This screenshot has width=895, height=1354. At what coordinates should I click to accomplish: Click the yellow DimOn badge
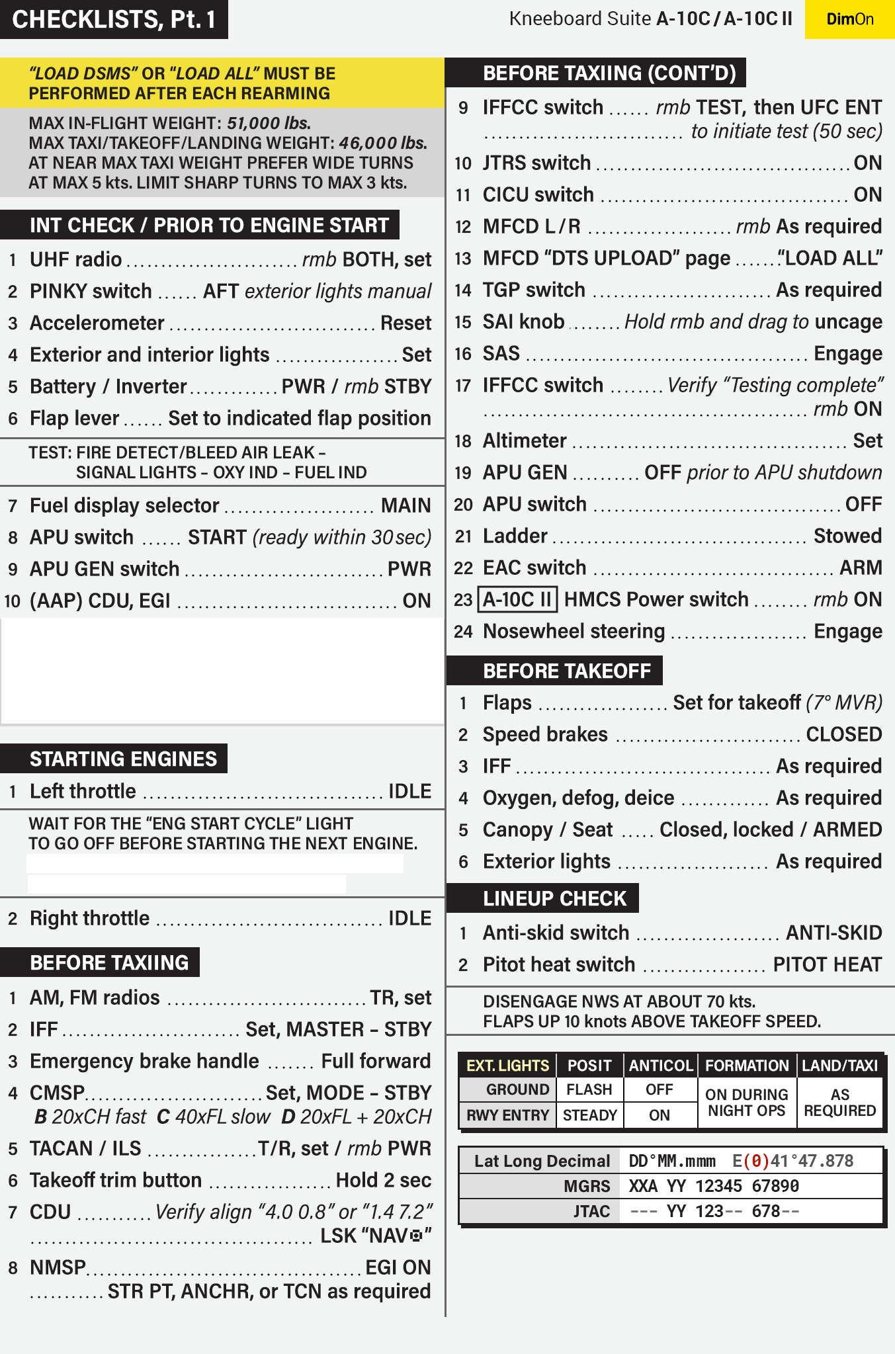(x=850, y=19)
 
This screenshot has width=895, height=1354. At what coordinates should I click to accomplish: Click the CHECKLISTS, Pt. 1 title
(x=114, y=19)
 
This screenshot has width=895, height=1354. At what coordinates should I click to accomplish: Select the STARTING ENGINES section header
(x=123, y=759)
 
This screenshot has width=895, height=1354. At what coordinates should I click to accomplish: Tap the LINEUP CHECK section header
(x=554, y=898)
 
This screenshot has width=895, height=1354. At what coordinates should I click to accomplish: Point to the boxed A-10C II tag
(x=517, y=599)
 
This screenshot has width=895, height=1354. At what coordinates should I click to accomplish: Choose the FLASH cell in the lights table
(x=589, y=1089)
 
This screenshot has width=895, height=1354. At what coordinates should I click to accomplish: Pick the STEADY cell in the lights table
(x=589, y=1115)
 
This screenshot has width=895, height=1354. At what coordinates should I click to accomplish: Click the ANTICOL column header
(x=660, y=1066)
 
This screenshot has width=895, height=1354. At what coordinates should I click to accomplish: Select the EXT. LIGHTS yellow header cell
(x=507, y=1066)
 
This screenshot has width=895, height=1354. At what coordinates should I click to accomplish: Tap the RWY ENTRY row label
(x=507, y=1115)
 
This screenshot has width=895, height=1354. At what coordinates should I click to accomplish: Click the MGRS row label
(x=587, y=1186)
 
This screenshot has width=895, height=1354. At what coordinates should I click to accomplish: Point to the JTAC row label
(x=591, y=1211)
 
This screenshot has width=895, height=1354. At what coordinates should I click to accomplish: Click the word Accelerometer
(x=97, y=323)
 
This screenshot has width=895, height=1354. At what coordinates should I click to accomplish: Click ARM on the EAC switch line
(x=861, y=568)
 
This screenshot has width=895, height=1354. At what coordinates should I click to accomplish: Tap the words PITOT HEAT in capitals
(x=827, y=964)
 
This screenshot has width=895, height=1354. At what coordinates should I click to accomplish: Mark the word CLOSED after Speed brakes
(x=843, y=734)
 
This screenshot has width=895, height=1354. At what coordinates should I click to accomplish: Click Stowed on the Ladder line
(x=847, y=536)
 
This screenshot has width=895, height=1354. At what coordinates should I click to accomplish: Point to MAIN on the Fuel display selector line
(x=405, y=505)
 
